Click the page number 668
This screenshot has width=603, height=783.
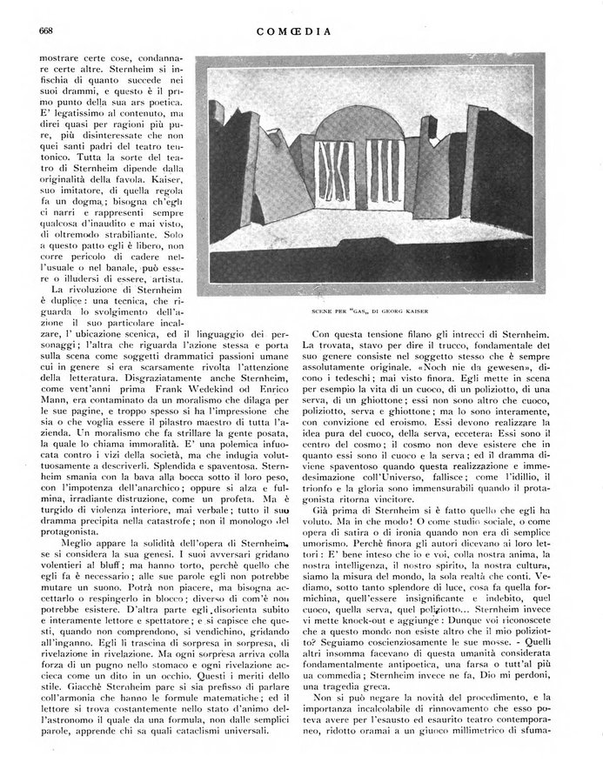click(x=47, y=32)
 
